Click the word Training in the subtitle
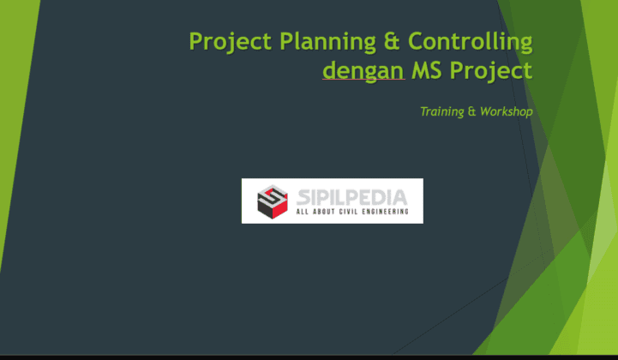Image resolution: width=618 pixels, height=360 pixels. (x=441, y=111)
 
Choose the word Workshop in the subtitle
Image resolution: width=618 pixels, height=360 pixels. (x=507, y=111)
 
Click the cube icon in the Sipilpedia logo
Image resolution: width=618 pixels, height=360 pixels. (x=273, y=201)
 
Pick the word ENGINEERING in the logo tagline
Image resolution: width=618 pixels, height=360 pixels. (x=385, y=211)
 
